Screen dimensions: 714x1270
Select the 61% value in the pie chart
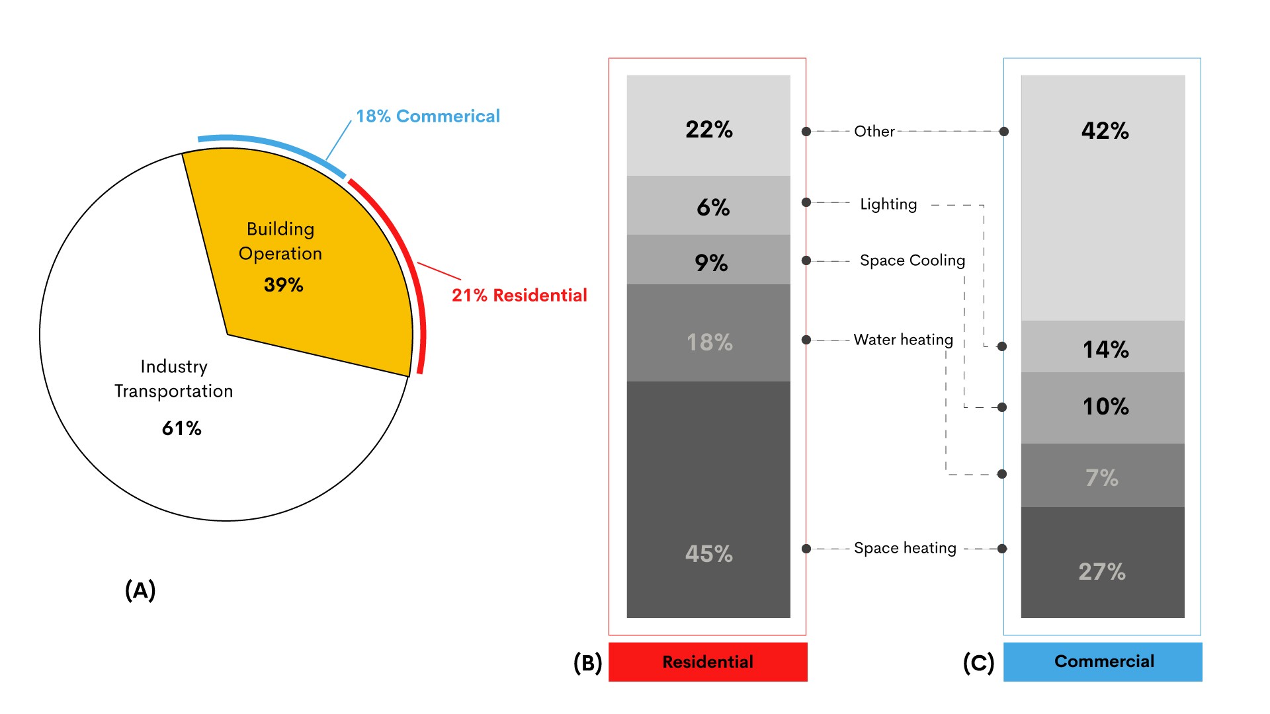[x=182, y=428]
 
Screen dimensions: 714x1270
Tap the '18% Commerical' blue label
[x=428, y=116]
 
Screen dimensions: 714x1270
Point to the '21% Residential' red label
[x=519, y=296]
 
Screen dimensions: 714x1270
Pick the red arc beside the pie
[x=405, y=251]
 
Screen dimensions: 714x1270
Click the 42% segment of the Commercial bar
[x=1103, y=198]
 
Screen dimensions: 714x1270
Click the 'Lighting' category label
[x=888, y=204]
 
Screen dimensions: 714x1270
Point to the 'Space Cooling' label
[x=912, y=260]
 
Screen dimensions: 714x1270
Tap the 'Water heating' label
[x=903, y=340]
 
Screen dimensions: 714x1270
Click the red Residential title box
[x=708, y=662]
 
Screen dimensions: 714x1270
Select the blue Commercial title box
[x=1103, y=662]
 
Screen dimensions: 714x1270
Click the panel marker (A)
[x=140, y=590]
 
